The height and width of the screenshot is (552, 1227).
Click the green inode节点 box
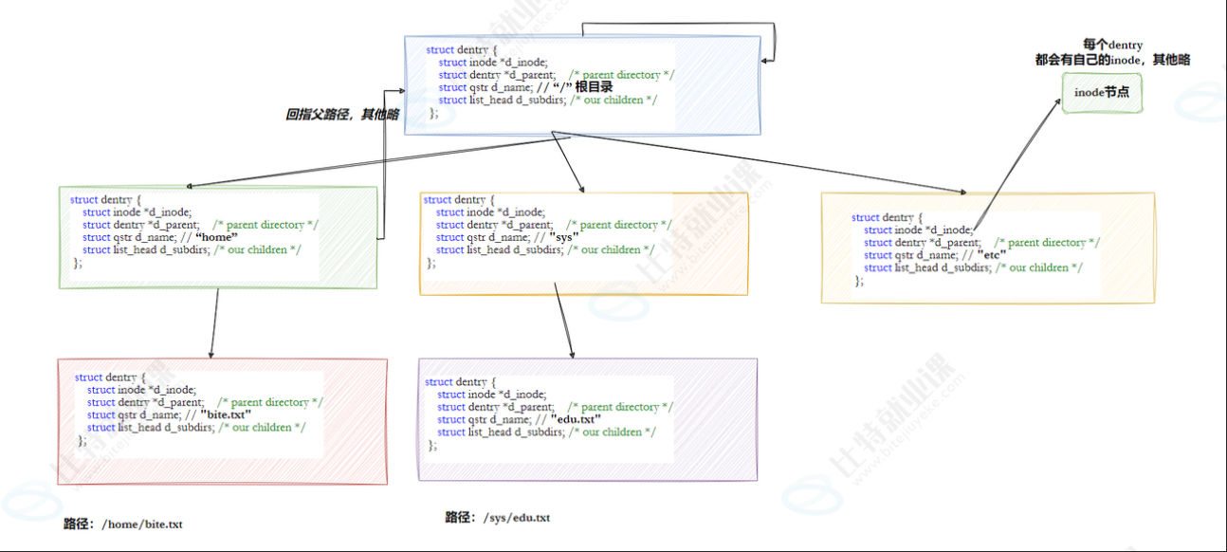pos(1101,93)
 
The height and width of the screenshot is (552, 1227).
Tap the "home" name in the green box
pos(215,237)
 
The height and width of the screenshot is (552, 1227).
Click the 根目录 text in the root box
pos(601,87)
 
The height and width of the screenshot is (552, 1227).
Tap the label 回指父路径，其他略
pos(341,114)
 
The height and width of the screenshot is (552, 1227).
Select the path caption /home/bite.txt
pos(123,524)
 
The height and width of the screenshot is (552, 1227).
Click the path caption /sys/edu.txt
pos(498,518)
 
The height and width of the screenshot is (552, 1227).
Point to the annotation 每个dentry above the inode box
pos(1112,45)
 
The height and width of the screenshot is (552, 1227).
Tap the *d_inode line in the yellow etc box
pos(918,230)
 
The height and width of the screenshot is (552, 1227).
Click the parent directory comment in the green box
pos(266,225)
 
